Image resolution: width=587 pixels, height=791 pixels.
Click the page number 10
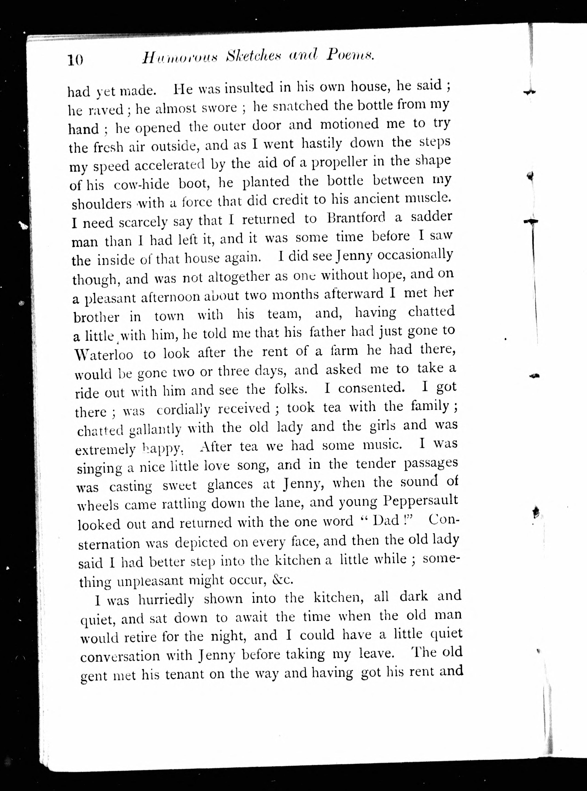75,60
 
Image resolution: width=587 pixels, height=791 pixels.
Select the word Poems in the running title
350,54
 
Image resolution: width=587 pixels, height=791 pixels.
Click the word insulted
250,88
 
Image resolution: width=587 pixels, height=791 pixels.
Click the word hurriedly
166,600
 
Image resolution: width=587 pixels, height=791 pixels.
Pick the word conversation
120,655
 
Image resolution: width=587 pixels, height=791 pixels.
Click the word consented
371,388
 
